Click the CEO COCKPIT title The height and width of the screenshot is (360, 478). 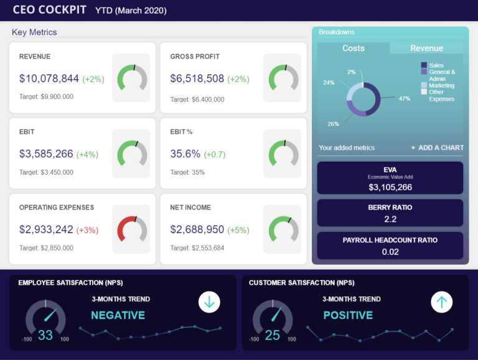pyautogui.click(x=50, y=10)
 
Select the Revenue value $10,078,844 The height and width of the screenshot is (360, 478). pyautogui.click(x=49, y=79)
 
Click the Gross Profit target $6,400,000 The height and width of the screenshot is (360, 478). pyautogui.click(x=197, y=99)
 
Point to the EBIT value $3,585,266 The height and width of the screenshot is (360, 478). pyautogui.click(x=46, y=154)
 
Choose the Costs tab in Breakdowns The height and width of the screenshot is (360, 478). pyautogui.click(x=354, y=48)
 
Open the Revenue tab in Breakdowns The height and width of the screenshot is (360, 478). pyautogui.click(x=426, y=48)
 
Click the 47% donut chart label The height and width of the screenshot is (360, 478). pyautogui.click(x=405, y=98)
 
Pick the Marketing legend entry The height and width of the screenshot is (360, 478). pyautogui.click(x=441, y=85)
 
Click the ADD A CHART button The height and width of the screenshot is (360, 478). pyautogui.click(x=437, y=147)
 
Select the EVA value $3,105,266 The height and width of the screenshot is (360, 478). pyautogui.click(x=390, y=187)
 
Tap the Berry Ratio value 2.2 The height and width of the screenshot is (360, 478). pyautogui.click(x=390, y=219)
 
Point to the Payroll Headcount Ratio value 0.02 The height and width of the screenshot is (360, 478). pyautogui.click(x=390, y=251)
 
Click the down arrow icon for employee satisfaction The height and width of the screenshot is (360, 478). pyautogui.click(x=209, y=302)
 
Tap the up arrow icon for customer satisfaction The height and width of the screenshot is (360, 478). pyautogui.click(x=442, y=302)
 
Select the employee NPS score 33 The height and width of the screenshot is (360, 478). pyautogui.click(x=45, y=335)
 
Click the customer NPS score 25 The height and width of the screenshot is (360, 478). pyautogui.click(x=273, y=335)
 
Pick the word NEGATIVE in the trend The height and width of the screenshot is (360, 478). pyautogui.click(x=118, y=315)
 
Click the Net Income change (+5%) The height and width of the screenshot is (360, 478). pyautogui.click(x=238, y=230)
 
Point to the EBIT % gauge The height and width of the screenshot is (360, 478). pyautogui.click(x=283, y=153)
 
